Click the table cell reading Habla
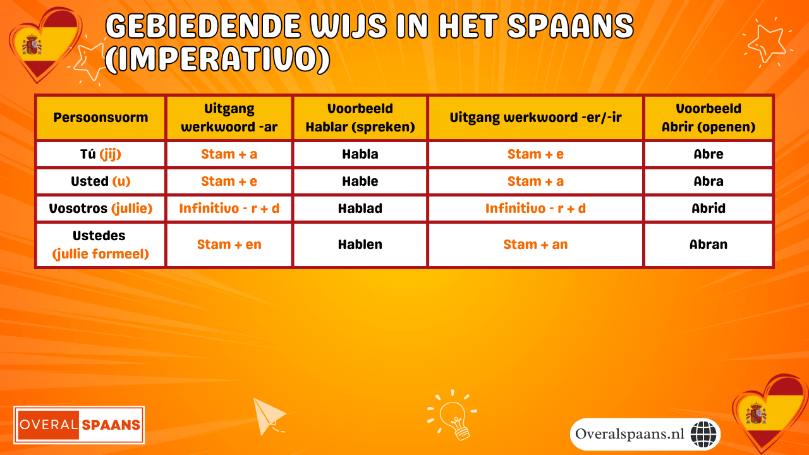[x=360, y=154]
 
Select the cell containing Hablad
[x=360, y=209]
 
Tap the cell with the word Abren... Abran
[x=708, y=245]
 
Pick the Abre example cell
[x=708, y=154]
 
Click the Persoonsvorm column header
[x=100, y=118]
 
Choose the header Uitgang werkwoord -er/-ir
[x=535, y=118]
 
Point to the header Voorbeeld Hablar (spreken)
[x=360, y=118]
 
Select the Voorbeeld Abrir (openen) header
[x=708, y=118]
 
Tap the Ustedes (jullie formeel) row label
[x=100, y=245]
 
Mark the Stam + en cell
[x=229, y=245]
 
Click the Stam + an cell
[x=535, y=245]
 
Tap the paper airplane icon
[x=269, y=416]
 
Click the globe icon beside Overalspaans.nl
[x=703, y=434]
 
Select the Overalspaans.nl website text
[x=630, y=434]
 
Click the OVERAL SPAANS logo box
[x=80, y=425]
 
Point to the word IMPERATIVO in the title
[x=217, y=59]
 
